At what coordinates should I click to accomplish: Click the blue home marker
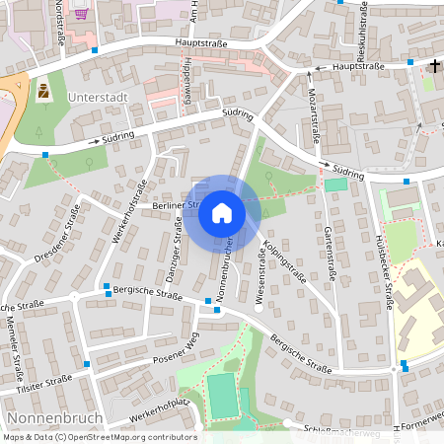[222, 212]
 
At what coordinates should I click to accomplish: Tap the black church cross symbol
[434, 66]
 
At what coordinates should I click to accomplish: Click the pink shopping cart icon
[80, 14]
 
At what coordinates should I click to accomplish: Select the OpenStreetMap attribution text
[99, 437]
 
